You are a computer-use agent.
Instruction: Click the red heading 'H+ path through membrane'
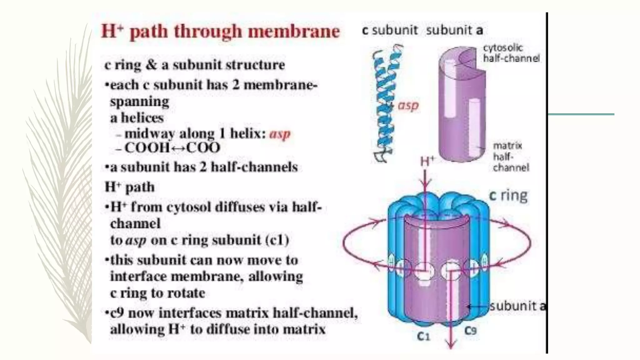pos(220,31)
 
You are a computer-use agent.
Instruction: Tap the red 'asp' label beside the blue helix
pos(408,106)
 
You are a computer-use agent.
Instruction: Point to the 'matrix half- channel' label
pos(510,157)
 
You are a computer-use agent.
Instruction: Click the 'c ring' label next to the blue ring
pos(508,196)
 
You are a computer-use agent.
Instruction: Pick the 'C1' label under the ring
pos(423,336)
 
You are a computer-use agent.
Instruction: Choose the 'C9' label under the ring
pos(470,330)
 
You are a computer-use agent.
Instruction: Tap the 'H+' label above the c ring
pos(427,162)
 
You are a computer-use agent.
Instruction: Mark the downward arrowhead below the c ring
pos(450,345)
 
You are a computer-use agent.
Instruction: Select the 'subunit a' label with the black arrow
pos(517,306)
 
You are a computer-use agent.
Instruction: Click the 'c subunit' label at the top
pos(390,30)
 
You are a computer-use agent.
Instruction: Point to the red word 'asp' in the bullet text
pos(280,134)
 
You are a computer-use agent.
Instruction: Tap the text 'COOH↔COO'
pos(172,148)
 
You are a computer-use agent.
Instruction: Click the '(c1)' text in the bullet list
pos(277,240)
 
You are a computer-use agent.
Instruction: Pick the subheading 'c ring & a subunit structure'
pos(194,65)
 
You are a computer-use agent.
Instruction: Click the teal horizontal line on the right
pos(581,114)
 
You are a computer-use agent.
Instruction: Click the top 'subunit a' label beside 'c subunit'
pos(454,30)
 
